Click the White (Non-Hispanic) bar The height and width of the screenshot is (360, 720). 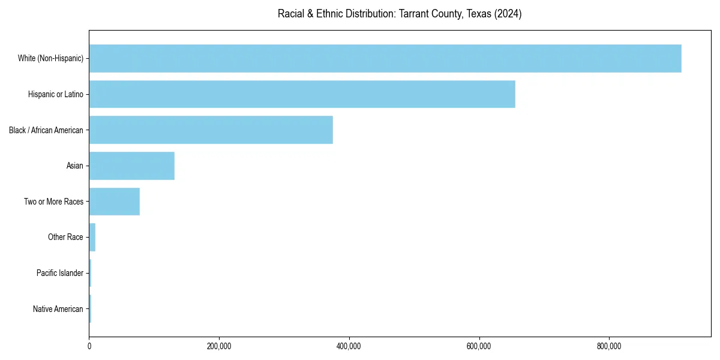tap(385, 58)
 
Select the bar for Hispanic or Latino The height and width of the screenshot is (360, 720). tap(302, 94)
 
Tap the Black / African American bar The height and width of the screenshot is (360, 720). tap(211, 130)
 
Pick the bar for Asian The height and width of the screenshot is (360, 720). tap(132, 166)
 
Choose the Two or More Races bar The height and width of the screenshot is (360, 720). tap(115, 202)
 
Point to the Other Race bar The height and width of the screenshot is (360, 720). tap(92, 237)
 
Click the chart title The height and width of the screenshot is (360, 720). tap(400, 14)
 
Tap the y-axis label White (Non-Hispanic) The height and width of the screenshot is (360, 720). tap(50, 58)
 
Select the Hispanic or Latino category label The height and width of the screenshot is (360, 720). tap(56, 94)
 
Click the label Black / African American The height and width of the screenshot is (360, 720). tap(46, 130)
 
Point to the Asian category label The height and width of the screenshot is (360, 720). tap(75, 166)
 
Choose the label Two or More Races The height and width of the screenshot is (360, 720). tap(54, 202)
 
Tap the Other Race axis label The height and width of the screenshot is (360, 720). tap(65, 238)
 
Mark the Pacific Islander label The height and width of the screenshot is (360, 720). tap(60, 273)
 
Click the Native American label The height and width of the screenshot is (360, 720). tap(58, 309)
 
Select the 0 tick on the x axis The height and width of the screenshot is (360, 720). tap(89, 346)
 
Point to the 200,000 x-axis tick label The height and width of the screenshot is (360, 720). tap(219, 346)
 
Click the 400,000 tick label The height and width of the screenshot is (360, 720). tap(349, 346)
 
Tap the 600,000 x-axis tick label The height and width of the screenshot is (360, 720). tap(479, 346)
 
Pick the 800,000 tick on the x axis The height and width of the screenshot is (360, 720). tap(609, 346)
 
